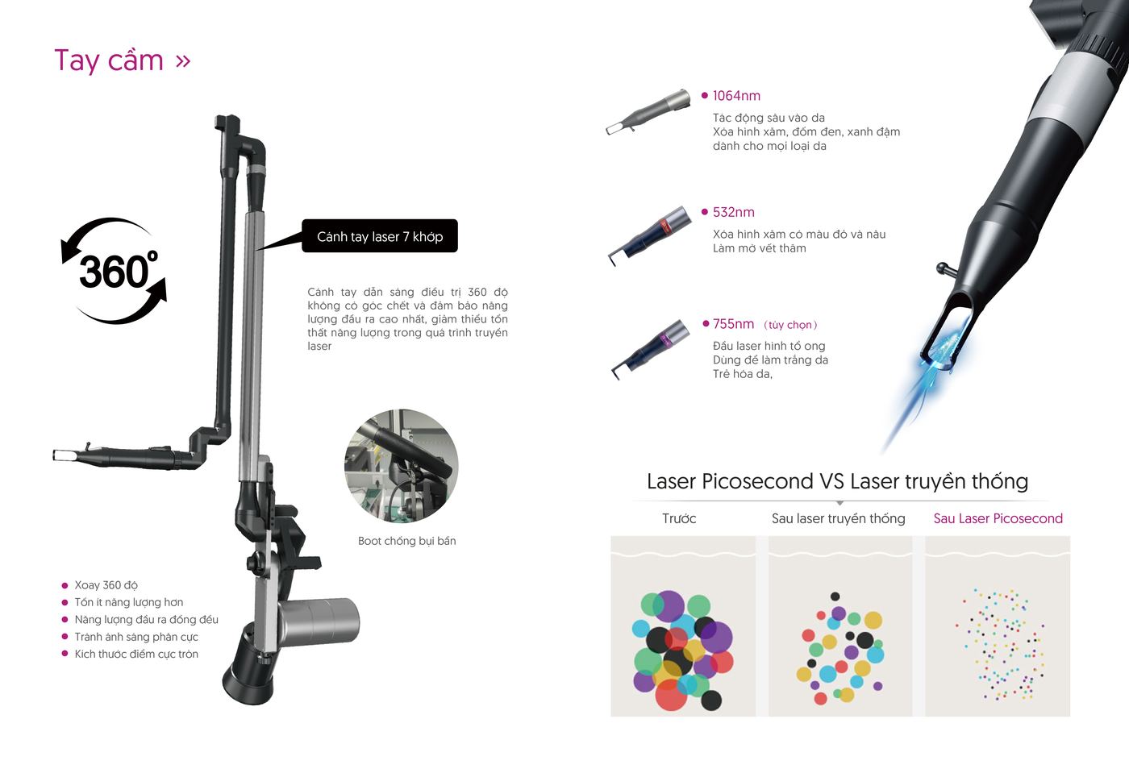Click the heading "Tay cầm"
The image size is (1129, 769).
(x=109, y=61)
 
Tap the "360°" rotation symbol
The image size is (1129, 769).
(x=115, y=271)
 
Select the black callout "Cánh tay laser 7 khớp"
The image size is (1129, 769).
(x=380, y=236)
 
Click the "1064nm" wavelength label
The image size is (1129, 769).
(x=736, y=96)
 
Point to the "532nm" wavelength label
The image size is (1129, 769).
(x=733, y=212)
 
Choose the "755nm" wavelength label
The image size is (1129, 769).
(x=733, y=324)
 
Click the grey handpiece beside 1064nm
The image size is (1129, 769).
(x=648, y=112)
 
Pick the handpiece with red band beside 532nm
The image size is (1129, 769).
(x=650, y=235)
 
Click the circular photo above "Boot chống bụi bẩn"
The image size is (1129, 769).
(x=402, y=466)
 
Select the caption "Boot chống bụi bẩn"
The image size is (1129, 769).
(x=406, y=541)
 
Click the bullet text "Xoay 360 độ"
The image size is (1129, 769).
(x=106, y=585)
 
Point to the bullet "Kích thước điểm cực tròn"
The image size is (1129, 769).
(x=136, y=654)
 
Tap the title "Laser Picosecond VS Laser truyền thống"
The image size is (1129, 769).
(x=837, y=481)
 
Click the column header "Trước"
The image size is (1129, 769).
(x=679, y=518)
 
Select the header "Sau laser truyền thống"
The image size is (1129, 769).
(x=838, y=518)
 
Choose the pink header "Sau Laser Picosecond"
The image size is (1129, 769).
(x=998, y=518)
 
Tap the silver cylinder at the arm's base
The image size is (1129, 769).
(x=319, y=621)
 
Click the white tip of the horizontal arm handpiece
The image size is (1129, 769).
(x=64, y=455)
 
